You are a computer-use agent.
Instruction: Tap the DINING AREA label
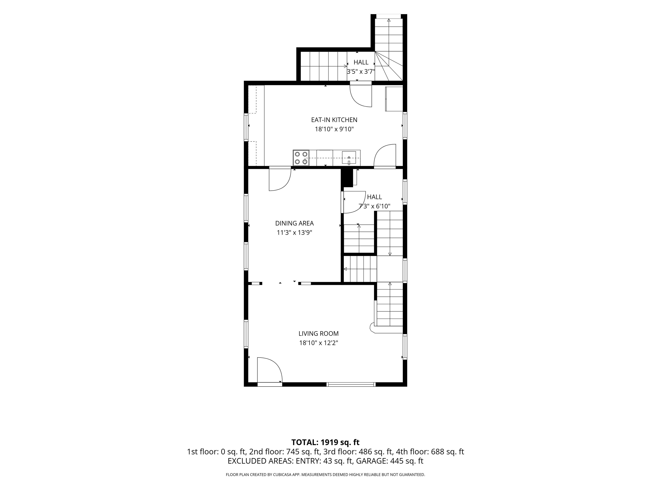coord(294,223)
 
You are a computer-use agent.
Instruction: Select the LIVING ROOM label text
coord(319,334)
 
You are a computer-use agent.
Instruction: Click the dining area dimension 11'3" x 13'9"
coord(294,232)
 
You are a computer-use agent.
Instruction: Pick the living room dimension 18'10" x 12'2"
coord(319,343)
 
